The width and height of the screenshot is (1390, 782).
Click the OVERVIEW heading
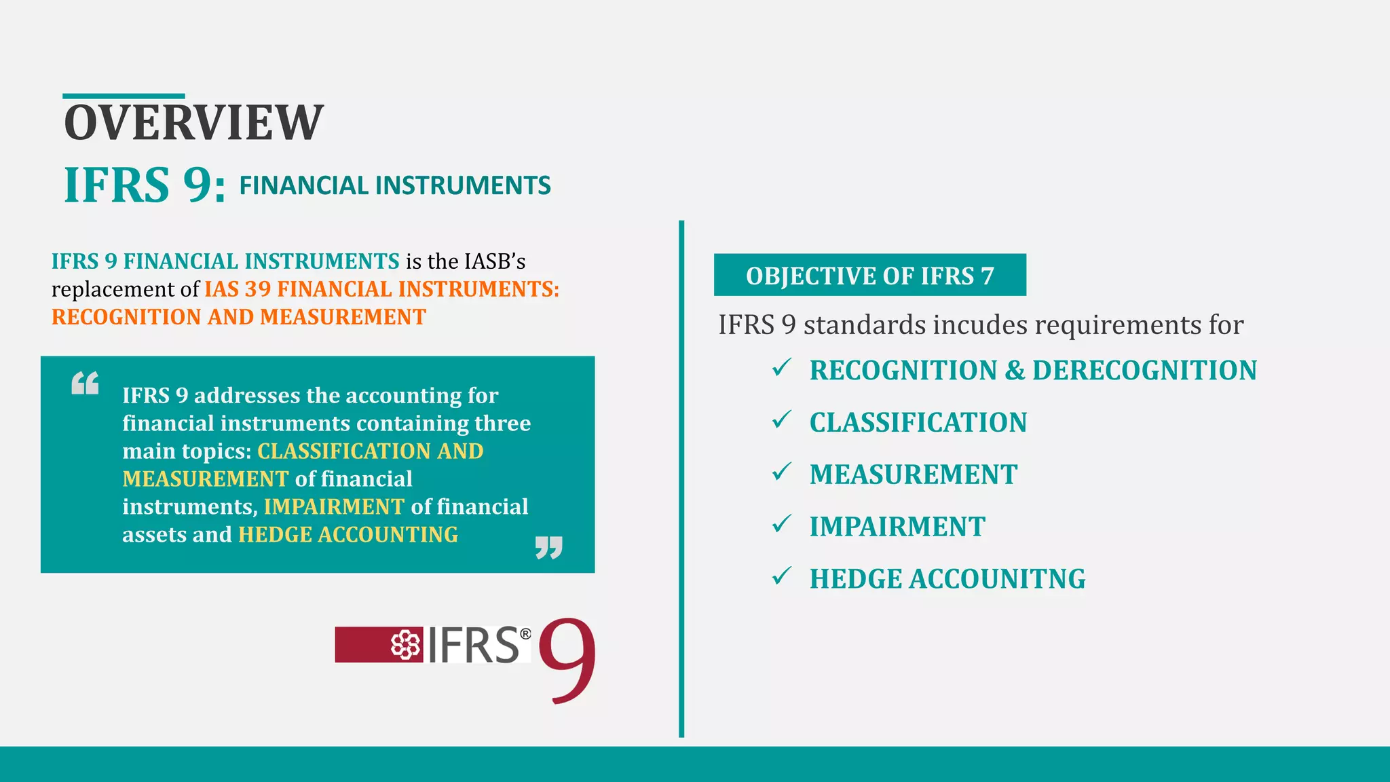[x=193, y=123]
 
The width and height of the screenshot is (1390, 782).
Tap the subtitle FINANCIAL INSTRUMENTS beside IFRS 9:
[x=394, y=185]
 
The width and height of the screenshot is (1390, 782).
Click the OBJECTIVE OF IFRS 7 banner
[x=869, y=276]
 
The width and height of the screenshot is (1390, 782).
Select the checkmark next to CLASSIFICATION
[x=781, y=420]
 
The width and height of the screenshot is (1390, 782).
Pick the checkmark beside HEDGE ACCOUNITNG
[x=781, y=576]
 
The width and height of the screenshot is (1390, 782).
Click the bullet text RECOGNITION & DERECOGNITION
[x=1033, y=371]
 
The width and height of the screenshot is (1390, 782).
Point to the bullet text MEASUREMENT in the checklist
[x=914, y=474]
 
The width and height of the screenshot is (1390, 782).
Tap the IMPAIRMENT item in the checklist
[x=897, y=527]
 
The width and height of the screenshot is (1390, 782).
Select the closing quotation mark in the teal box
[x=548, y=547]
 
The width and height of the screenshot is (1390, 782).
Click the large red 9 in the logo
[x=567, y=660]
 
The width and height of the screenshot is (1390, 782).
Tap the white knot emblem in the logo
[x=405, y=645]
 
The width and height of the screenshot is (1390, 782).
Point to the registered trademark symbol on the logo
[x=525, y=634]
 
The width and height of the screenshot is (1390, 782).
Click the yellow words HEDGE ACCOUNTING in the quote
[x=348, y=535]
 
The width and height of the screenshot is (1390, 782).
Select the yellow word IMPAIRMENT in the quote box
[x=334, y=507]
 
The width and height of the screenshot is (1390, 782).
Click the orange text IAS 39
[x=238, y=289]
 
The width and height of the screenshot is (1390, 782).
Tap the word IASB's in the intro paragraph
[x=495, y=261]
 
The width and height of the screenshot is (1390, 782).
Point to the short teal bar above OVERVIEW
[x=124, y=96]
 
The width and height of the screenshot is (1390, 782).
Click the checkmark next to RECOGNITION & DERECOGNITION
[x=781, y=368]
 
